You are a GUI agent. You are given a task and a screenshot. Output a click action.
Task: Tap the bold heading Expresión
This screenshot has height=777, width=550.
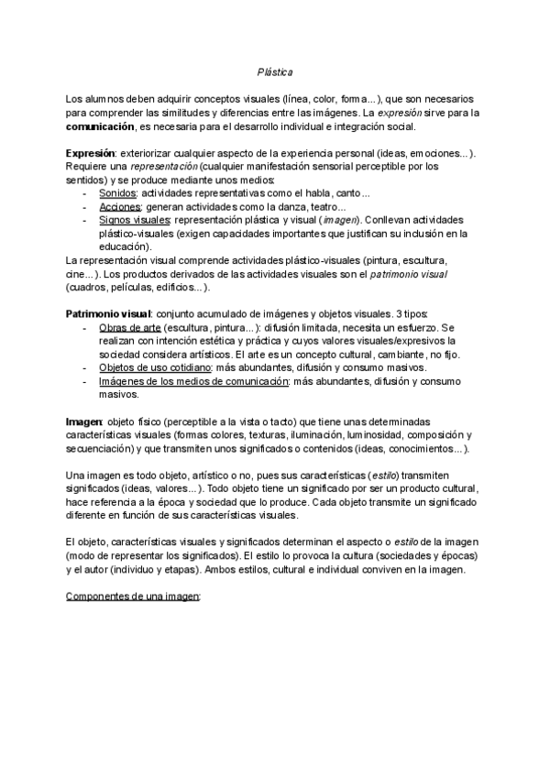[x=90, y=153]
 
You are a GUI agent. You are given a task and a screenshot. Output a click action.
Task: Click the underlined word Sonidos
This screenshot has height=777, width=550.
[x=117, y=193]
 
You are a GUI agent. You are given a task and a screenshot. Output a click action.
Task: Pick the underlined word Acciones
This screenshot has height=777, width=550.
[x=119, y=207]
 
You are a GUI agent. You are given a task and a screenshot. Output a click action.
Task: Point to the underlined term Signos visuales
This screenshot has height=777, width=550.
[x=135, y=220]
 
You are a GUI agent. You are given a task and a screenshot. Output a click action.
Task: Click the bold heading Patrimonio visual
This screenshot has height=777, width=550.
[x=107, y=313]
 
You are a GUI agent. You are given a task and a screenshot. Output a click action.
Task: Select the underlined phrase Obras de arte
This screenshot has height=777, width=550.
[x=129, y=327]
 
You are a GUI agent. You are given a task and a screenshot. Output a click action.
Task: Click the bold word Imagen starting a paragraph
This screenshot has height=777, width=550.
[x=84, y=420]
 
